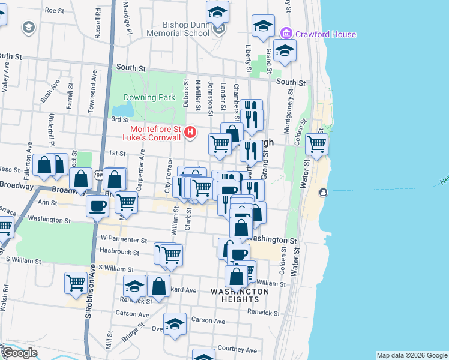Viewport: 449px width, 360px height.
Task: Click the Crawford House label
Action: (325, 34)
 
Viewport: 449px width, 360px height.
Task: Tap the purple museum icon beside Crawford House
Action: (286, 34)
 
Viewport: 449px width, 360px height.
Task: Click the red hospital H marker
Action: (190, 131)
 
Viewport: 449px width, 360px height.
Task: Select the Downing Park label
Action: (149, 97)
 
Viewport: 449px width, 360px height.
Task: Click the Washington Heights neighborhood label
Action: (240, 295)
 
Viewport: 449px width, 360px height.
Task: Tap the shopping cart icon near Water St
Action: (316, 144)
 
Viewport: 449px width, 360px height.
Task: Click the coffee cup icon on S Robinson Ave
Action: (97, 206)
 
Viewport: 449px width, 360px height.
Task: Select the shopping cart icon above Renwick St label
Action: (76, 281)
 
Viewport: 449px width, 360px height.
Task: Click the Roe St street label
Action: (54, 10)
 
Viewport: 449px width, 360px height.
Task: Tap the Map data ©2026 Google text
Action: (411, 355)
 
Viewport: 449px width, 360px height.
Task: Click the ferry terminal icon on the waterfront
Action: (324, 192)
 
